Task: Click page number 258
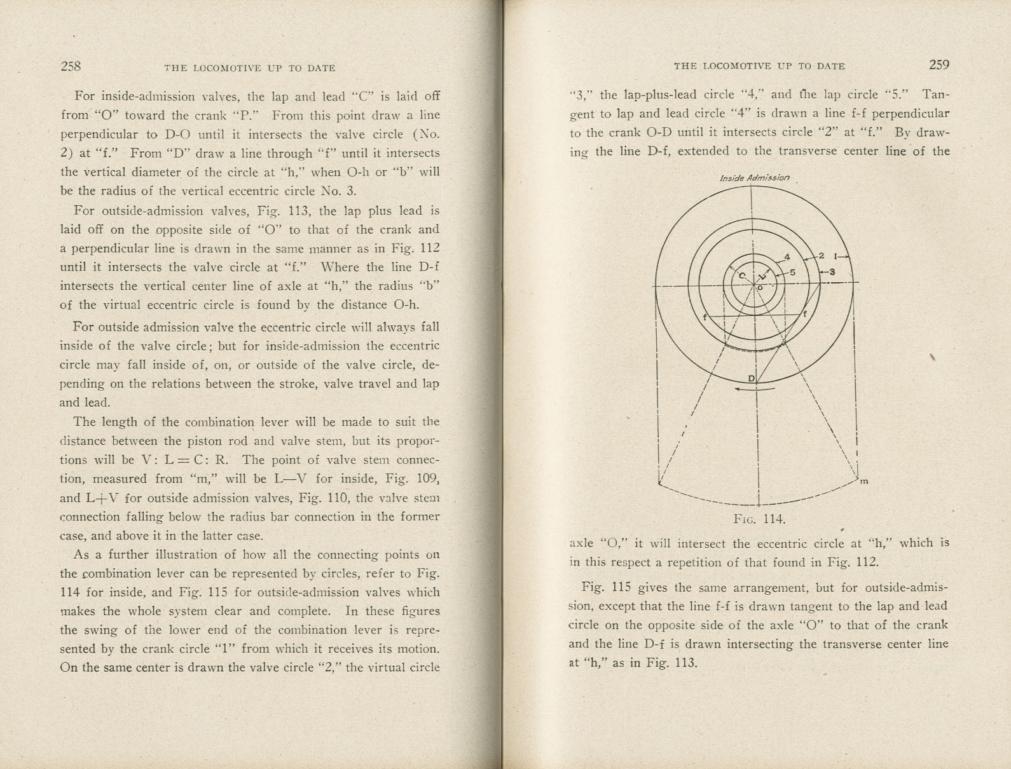pyautogui.click(x=71, y=66)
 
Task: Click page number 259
pyautogui.click(x=939, y=65)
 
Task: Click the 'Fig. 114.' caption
pyautogui.click(x=759, y=519)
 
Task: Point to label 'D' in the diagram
pyautogui.click(x=751, y=379)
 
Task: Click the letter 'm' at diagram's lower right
pyautogui.click(x=864, y=482)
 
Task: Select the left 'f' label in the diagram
pyautogui.click(x=705, y=317)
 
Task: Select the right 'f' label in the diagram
pyautogui.click(x=804, y=314)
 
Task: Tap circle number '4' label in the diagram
pyautogui.click(x=787, y=257)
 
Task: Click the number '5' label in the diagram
pyautogui.click(x=793, y=272)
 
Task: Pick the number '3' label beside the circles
pyautogui.click(x=832, y=272)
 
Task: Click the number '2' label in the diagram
pyautogui.click(x=821, y=256)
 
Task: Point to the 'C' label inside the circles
pyautogui.click(x=741, y=276)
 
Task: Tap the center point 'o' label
pyautogui.click(x=759, y=288)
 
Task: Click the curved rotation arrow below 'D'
pyautogui.click(x=755, y=390)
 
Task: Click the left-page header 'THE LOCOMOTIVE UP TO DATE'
pyautogui.click(x=249, y=68)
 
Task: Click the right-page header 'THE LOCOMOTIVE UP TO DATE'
pyautogui.click(x=759, y=66)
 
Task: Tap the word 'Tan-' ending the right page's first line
pyautogui.click(x=935, y=95)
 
